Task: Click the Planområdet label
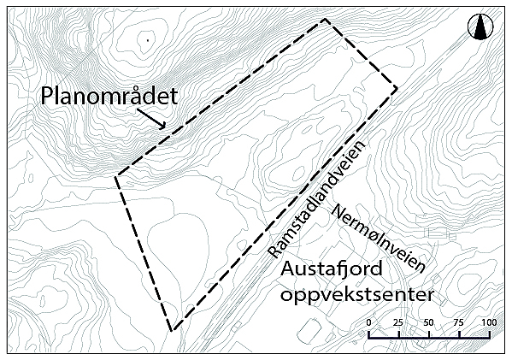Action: [x=109, y=97]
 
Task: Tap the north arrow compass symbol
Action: [x=480, y=27]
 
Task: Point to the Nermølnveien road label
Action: [x=378, y=239]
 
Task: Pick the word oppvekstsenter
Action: [x=357, y=295]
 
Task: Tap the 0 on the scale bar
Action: [x=368, y=322]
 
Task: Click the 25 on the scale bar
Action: [x=398, y=322]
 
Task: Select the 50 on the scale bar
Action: [x=428, y=322]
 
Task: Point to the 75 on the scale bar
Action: [x=459, y=322]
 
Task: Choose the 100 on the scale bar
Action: [x=489, y=322]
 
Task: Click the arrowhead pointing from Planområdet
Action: [x=163, y=126]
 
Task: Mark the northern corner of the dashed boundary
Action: [x=325, y=20]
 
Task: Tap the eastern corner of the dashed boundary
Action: [x=397, y=87]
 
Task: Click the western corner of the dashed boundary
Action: [x=115, y=177]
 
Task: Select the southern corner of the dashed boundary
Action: [x=172, y=330]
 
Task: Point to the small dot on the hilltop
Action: [x=148, y=40]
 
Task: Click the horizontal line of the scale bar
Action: [x=429, y=338]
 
